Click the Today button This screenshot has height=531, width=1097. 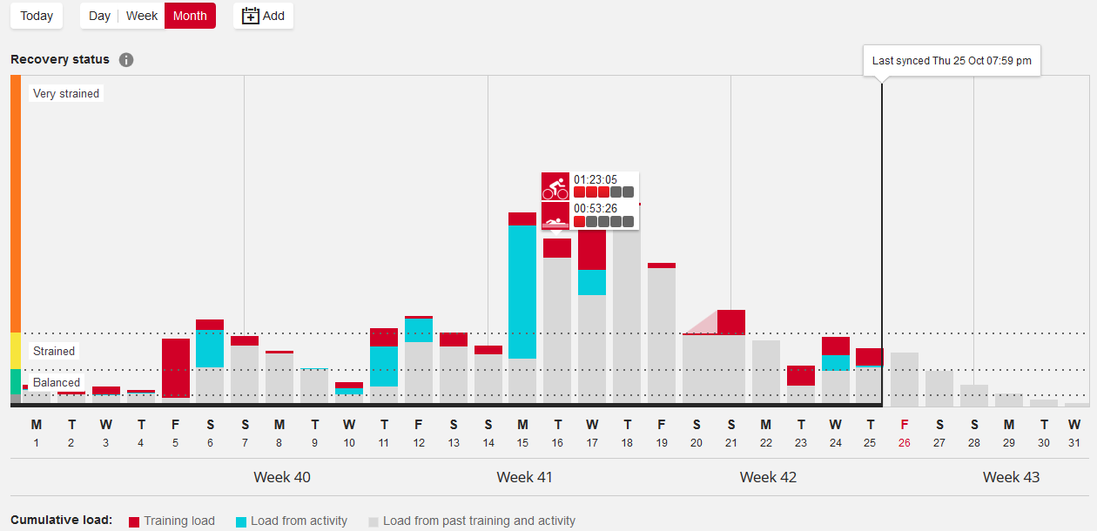pos(37,16)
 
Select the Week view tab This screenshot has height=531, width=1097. pos(142,16)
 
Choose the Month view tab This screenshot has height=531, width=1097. pos(190,16)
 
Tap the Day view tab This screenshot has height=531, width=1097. pos(100,16)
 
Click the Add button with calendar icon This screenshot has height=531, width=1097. pos(263,16)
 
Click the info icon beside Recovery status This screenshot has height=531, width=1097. pos(126,60)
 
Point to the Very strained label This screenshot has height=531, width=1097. pos(66,93)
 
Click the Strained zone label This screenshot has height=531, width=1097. pos(54,351)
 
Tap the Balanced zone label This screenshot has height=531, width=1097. pos(57,382)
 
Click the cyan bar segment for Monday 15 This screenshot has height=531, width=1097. pos(522,292)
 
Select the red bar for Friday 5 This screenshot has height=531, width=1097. pos(176,368)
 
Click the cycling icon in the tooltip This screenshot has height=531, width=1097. pos(555,186)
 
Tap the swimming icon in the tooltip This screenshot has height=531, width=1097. pos(555,216)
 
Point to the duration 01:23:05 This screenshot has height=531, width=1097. pos(596,179)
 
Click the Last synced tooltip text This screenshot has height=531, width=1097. pos(952,61)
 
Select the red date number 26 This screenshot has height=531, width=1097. pos(905,442)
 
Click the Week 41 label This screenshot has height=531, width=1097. pos(525,477)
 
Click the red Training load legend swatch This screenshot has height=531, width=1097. pos(134,521)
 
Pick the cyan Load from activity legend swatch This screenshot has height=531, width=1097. pos(241,521)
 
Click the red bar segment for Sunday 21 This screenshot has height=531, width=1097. pos(731,322)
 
